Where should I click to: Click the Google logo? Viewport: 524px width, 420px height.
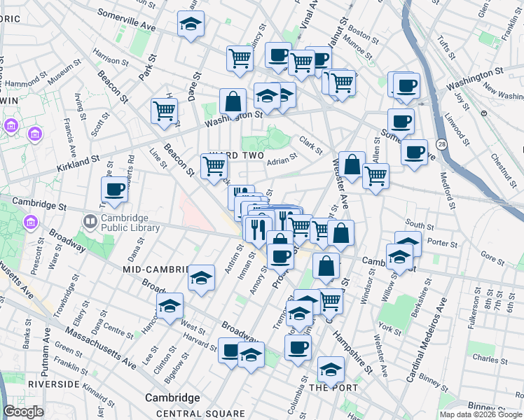click(x=23, y=412)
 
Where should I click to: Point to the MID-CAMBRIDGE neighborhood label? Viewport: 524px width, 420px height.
click(x=156, y=269)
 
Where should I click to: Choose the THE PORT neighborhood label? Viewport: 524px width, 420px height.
click(x=333, y=387)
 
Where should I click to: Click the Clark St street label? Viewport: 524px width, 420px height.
click(x=310, y=145)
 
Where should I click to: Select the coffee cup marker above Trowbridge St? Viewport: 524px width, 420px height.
click(x=114, y=189)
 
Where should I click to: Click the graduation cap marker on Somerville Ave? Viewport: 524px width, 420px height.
click(x=191, y=24)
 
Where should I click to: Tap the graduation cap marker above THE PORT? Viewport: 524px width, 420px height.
click(x=331, y=368)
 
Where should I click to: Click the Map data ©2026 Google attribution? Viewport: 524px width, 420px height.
click(x=481, y=414)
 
